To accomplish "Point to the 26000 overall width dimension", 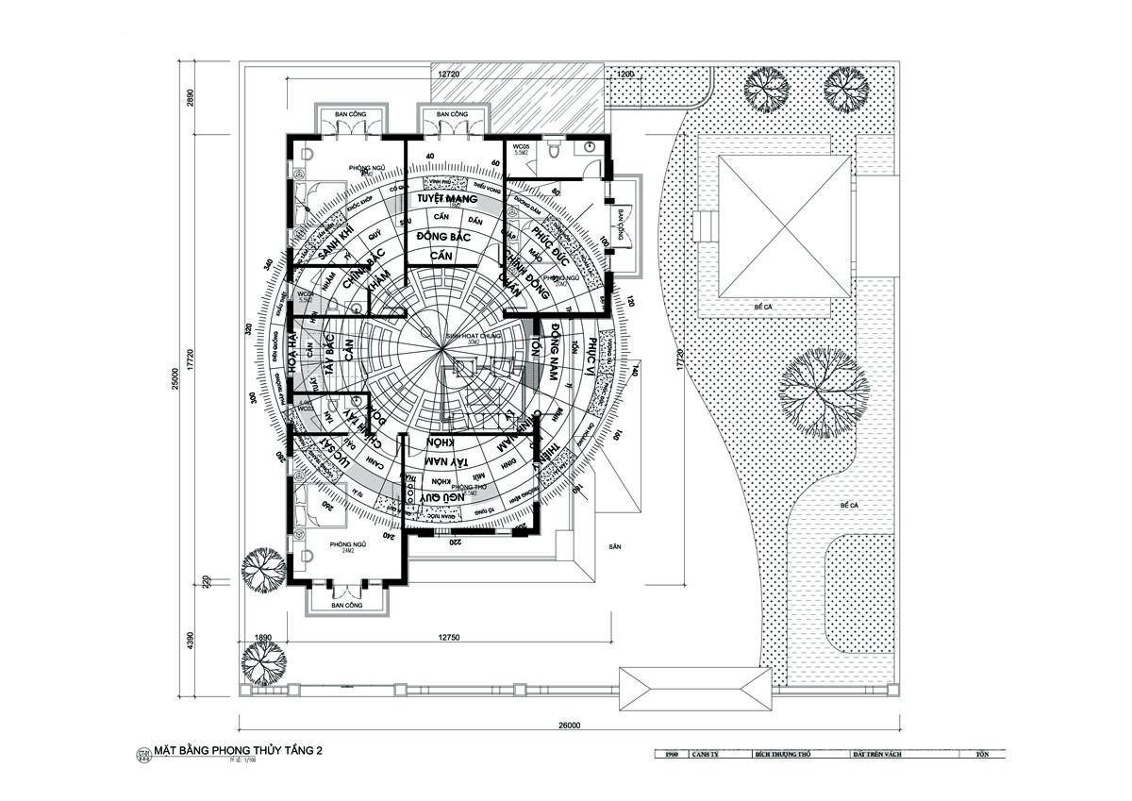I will pyautogui.click(x=568, y=726).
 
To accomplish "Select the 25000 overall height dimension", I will pyautogui.click(x=175, y=377).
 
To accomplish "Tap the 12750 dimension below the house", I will pyautogui.click(x=449, y=639).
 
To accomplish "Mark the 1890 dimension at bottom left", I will pyautogui.click(x=263, y=639).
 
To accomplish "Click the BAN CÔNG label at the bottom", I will pyautogui.click(x=347, y=605).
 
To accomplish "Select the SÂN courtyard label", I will pyautogui.click(x=615, y=546).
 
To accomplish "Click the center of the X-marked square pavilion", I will pyautogui.click(x=784, y=227).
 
